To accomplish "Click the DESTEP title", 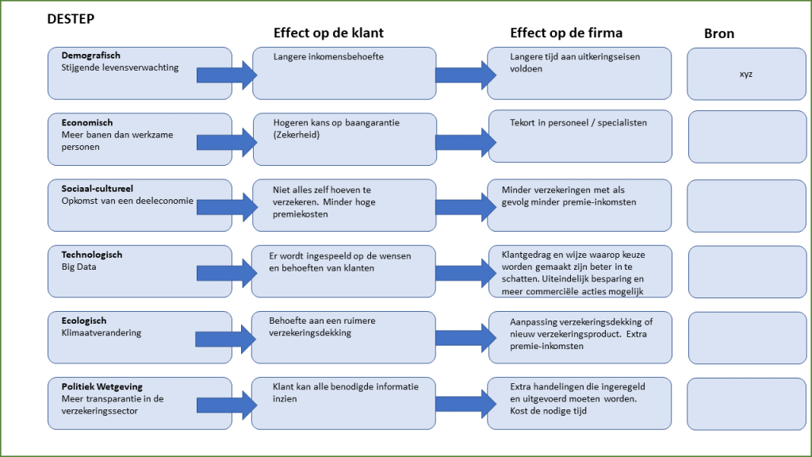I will (71, 17).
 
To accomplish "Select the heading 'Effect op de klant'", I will (328, 33).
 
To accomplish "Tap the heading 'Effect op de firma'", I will (565, 33).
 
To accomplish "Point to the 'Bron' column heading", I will (719, 33).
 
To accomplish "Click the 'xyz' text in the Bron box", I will (745, 74).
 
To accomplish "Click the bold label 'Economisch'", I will (87, 123).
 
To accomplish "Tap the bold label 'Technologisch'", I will (92, 255).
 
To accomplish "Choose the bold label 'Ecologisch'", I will (84, 321).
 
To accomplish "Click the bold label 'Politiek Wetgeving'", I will (102, 386).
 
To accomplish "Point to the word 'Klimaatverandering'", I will (101, 333).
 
